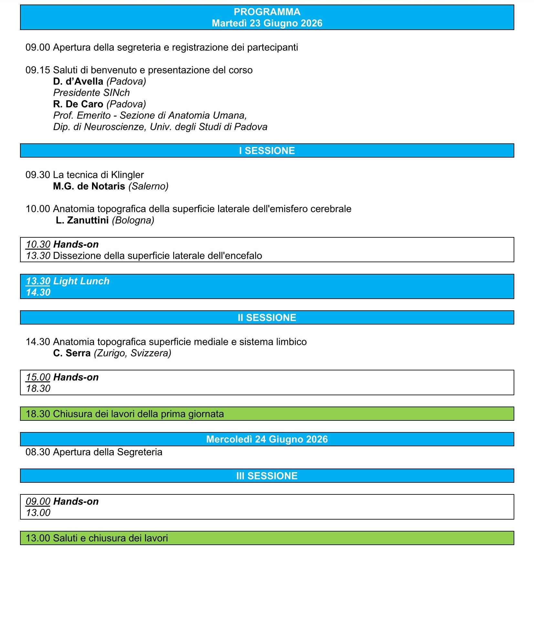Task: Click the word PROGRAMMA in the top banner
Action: (267, 12)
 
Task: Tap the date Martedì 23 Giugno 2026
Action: (267, 23)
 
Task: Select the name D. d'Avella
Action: (78, 81)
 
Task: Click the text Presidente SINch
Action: (91, 93)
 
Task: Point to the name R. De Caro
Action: (78, 104)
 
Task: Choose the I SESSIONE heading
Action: (267, 151)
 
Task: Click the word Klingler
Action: (127, 175)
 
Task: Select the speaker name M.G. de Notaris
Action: (89, 186)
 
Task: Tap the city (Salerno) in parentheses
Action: (148, 186)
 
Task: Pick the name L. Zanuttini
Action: (82, 220)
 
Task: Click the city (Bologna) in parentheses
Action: (133, 220)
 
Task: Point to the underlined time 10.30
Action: (38, 244)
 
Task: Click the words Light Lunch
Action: (81, 281)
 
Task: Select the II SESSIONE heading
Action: (267, 318)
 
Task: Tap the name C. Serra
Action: (72, 353)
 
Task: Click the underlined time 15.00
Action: (38, 377)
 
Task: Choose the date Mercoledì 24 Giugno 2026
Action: (267, 439)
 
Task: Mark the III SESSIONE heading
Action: (267, 476)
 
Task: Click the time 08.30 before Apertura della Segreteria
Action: (38, 452)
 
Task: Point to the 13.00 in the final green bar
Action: (38, 538)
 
